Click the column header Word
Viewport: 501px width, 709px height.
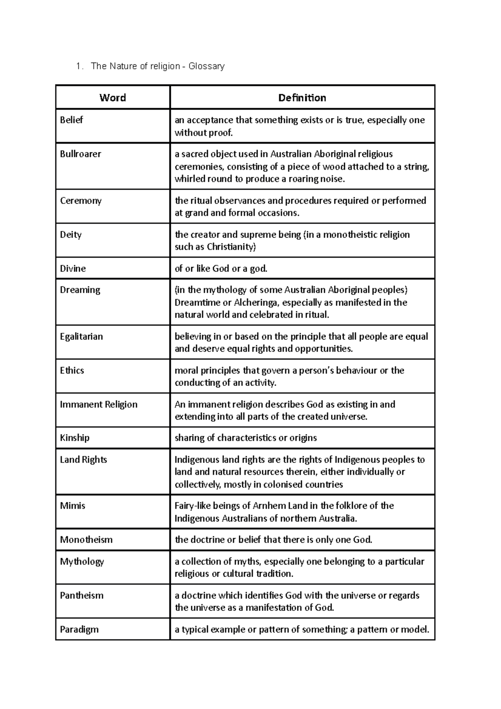pos(112,98)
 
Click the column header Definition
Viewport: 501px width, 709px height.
pos(302,98)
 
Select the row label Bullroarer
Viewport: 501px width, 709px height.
pos(81,154)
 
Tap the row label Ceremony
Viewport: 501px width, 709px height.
pos(81,201)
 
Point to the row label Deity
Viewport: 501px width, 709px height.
pos(71,235)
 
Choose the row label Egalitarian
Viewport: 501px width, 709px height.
pos(81,337)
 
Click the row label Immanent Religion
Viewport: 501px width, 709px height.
pos(99,404)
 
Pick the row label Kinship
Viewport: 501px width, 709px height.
pos(75,438)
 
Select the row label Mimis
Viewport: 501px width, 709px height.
pos(73,506)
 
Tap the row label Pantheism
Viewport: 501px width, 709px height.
pos(82,595)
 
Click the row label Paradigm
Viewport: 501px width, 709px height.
pos(79,629)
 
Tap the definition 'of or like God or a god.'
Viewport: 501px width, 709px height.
pos(221,268)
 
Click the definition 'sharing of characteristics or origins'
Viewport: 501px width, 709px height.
pos(245,438)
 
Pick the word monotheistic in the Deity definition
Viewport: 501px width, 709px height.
pos(350,235)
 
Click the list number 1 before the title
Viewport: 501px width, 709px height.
pos(78,66)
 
